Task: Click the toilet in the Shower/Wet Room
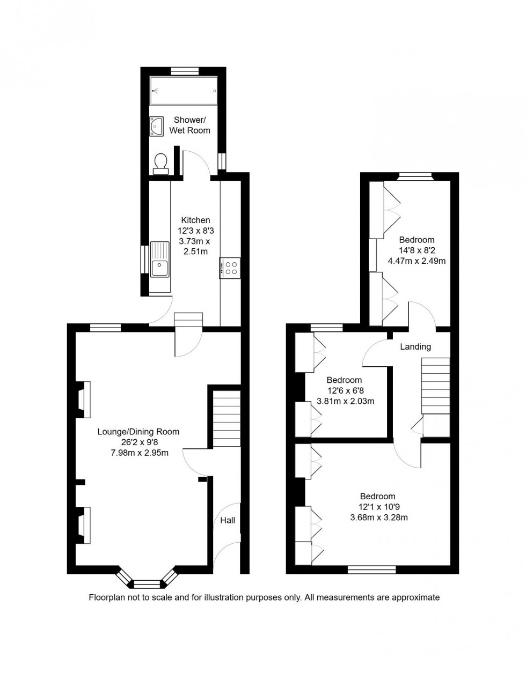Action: pos(160,164)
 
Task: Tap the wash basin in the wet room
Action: pos(156,126)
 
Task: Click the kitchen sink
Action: pos(160,260)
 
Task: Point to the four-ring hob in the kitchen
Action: pos(231,267)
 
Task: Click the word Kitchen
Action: pos(195,220)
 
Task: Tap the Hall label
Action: pos(228,520)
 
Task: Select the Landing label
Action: pos(415,346)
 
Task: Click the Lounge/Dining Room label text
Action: pos(138,432)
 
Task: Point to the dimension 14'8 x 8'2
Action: pos(417,250)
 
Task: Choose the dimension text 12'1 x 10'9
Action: pos(377,507)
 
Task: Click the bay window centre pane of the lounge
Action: pos(147,583)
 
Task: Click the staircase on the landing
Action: pos(435,386)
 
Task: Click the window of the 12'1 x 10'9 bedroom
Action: pos(371,570)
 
